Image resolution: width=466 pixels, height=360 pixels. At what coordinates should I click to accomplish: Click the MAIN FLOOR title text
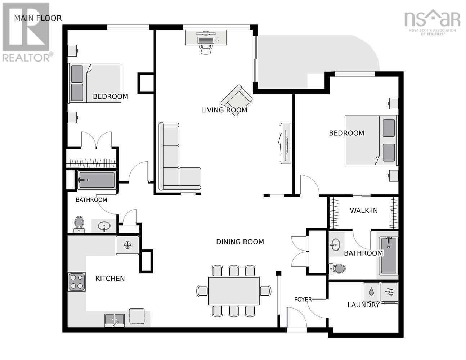click(38, 18)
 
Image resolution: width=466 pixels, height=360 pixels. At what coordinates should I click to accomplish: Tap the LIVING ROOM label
click(224, 110)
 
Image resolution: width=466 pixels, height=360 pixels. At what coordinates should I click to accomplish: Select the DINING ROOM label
click(240, 242)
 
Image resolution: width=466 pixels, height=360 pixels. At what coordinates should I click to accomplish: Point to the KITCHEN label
click(110, 279)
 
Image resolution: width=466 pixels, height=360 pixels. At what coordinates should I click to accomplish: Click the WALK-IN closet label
click(364, 211)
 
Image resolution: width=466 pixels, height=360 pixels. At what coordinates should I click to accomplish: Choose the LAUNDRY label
click(363, 305)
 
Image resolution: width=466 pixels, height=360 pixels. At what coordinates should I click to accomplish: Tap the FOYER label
click(303, 300)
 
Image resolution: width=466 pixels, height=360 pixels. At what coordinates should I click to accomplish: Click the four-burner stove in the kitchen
click(77, 282)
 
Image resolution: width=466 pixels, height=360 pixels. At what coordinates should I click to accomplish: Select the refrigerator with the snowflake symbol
click(127, 246)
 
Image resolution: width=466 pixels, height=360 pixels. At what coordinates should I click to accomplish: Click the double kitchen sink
click(115, 320)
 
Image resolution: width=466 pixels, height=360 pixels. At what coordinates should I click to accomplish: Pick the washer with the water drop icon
click(371, 292)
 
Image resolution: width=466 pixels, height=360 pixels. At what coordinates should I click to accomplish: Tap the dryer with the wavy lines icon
click(389, 292)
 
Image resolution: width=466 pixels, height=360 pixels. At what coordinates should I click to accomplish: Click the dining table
click(234, 291)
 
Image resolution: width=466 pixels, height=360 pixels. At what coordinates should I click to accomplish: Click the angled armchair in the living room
click(237, 99)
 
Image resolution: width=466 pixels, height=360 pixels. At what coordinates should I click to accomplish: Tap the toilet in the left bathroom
click(79, 224)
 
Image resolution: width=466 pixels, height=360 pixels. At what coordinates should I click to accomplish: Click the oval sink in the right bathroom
click(335, 244)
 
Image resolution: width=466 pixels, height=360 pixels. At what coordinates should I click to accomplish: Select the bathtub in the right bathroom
click(388, 255)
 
